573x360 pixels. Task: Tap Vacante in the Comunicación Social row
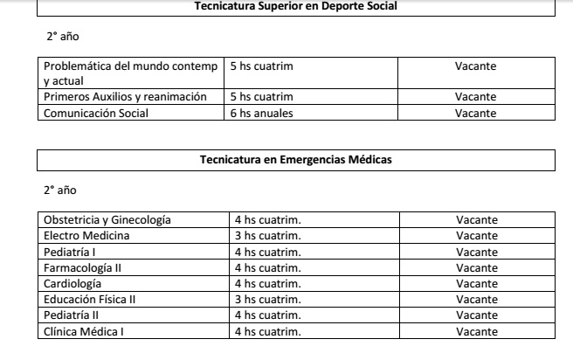(475, 112)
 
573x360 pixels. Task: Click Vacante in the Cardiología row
(477, 283)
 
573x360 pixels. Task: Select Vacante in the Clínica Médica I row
(477, 331)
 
